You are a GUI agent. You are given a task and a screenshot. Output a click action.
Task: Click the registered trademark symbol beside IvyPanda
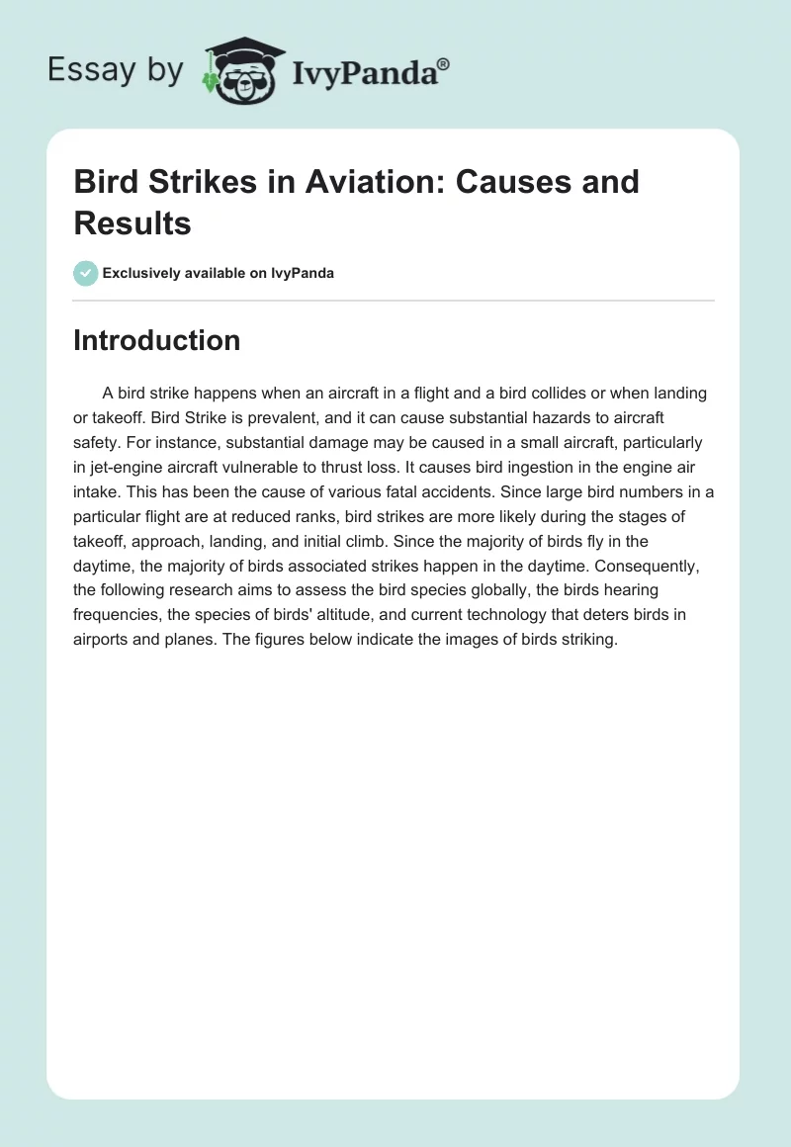point(444,63)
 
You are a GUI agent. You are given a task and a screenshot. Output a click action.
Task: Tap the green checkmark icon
point(86,273)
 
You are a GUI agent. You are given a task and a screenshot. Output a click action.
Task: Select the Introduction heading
point(157,340)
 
